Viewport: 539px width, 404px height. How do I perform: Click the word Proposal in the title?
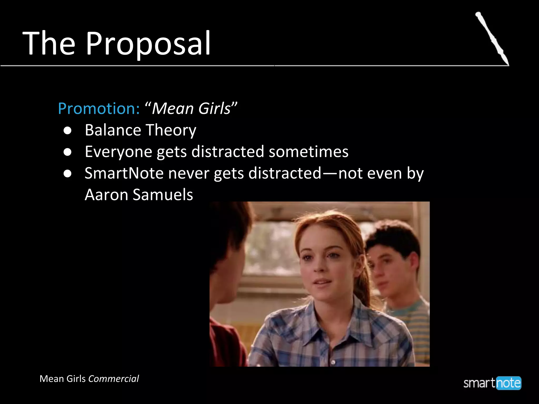click(x=148, y=43)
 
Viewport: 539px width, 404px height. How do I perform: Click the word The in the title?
click(x=49, y=43)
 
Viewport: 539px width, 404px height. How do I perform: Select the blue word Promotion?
click(x=99, y=108)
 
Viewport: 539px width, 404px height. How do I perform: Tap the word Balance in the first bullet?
click(x=113, y=130)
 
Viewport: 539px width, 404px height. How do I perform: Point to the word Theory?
click(x=171, y=130)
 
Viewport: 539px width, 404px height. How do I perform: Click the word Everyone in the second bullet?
click(x=118, y=152)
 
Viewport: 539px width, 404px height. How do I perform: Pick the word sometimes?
click(x=308, y=152)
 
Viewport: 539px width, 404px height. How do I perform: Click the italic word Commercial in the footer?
click(x=113, y=379)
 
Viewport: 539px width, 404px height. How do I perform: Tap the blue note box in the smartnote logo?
click(x=508, y=383)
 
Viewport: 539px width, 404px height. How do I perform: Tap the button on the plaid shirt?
click(x=333, y=362)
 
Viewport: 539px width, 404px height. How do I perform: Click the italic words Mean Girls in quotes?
click(x=191, y=108)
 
